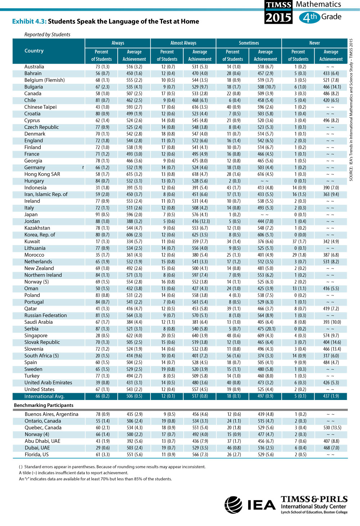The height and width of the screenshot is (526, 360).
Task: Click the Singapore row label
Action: click(36, 335)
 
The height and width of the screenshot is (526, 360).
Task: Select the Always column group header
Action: click(118, 43)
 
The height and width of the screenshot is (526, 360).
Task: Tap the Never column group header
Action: click(314, 43)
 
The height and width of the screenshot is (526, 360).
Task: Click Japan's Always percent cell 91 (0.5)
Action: click(102, 214)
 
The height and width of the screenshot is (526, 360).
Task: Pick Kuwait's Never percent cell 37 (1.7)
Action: click(299, 241)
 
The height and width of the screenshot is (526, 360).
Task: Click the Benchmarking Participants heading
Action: click(44, 405)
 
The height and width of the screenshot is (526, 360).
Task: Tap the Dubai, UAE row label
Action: click(37, 448)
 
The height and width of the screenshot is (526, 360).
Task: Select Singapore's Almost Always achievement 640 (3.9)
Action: click(200, 335)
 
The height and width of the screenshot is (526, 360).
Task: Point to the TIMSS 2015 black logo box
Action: click(279, 12)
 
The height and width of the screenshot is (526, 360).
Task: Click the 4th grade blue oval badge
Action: click(310, 17)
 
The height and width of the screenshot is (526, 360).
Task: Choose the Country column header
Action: click(34, 51)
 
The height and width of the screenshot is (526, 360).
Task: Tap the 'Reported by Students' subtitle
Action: click(47, 35)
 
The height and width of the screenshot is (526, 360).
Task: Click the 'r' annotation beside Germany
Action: click(83, 167)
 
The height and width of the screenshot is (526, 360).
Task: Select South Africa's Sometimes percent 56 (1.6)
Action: click(234, 355)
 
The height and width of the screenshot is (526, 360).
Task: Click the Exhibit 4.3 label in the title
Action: click(30, 21)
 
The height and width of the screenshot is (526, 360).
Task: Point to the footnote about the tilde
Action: click(73, 473)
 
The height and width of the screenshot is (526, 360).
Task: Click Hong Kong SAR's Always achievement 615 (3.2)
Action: click(134, 174)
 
